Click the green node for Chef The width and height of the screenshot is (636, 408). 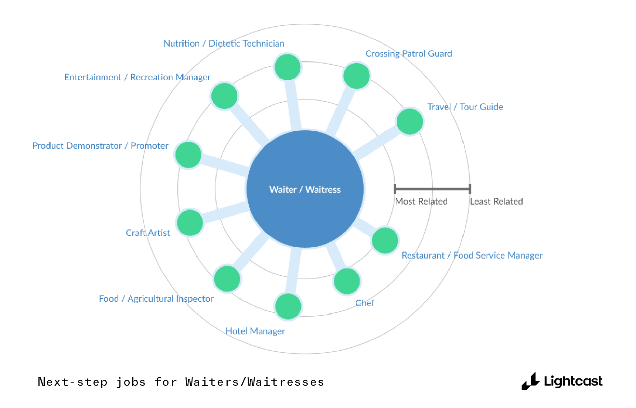[x=347, y=281]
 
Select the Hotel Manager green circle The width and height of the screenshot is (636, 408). [x=288, y=306]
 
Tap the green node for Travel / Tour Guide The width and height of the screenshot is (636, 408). [x=410, y=122]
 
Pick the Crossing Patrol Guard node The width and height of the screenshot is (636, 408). [x=357, y=76]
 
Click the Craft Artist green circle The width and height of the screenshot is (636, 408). [x=190, y=223]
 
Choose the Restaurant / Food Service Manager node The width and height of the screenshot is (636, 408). [x=385, y=240]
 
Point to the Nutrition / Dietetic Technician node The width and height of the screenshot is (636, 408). [x=288, y=67]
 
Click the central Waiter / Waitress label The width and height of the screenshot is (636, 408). [x=305, y=189]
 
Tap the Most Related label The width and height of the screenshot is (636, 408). [x=421, y=201]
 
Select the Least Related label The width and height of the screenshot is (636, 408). [x=496, y=201]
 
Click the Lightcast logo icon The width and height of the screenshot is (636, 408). [x=531, y=381]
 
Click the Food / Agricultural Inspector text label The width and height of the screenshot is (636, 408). [x=156, y=299]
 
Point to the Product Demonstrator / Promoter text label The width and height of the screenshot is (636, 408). [x=100, y=146]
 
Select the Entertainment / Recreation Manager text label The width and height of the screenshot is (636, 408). [x=137, y=77]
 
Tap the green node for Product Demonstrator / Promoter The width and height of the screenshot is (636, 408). [x=188, y=155]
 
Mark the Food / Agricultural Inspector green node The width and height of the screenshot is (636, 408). [x=227, y=279]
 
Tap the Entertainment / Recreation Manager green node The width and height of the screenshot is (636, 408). [x=224, y=96]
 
